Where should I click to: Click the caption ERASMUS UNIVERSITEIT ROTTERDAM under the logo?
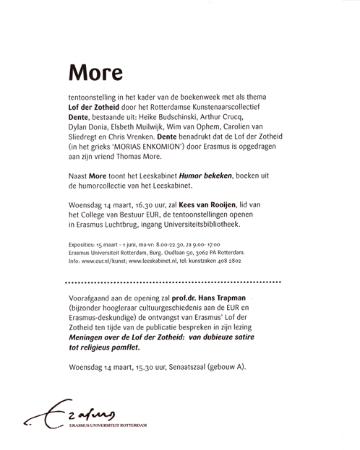[x=110, y=425]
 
